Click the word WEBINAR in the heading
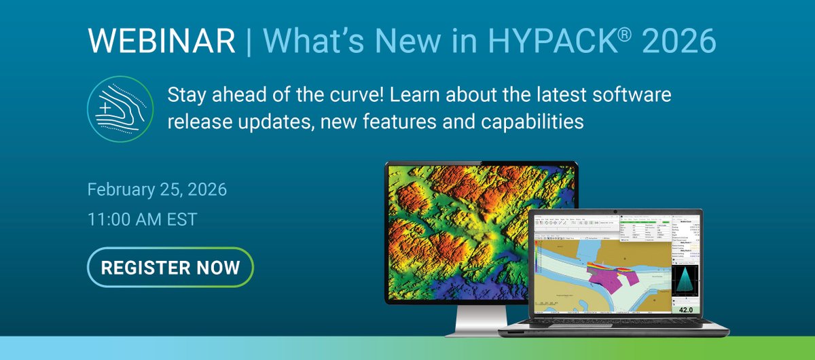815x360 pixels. tap(161, 42)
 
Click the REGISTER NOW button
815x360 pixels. tap(170, 267)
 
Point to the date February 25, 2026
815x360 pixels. tap(157, 189)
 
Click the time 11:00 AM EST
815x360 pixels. tap(143, 219)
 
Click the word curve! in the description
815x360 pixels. tap(352, 96)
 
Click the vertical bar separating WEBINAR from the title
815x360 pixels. tap(248, 42)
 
